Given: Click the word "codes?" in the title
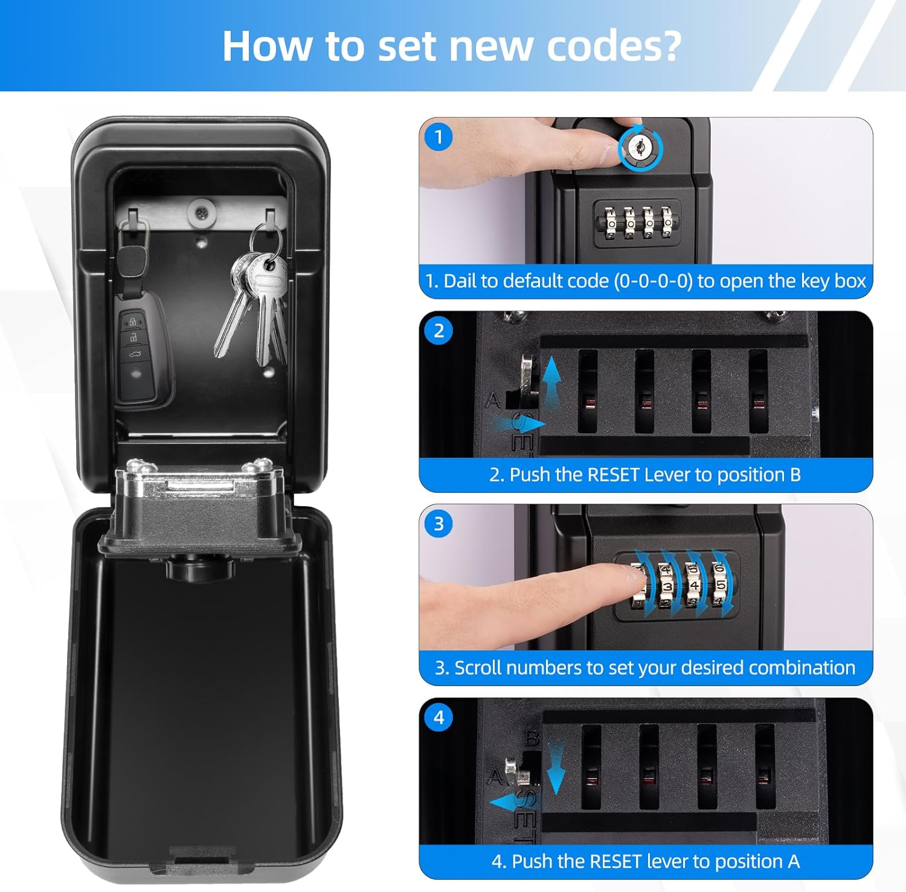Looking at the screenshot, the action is pyautogui.click(x=614, y=46).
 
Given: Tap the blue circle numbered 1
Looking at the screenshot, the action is pyautogui.click(x=439, y=137).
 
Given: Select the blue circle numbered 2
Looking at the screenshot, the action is pyautogui.click(x=439, y=330).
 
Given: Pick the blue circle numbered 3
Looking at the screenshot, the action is pyautogui.click(x=439, y=524).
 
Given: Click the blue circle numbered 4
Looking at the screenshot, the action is pyautogui.click(x=439, y=717).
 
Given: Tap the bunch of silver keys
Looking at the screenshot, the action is pyautogui.click(x=254, y=302).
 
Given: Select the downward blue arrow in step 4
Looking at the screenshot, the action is pyautogui.click(x=556, y=767).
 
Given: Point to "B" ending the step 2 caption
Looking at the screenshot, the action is pyautogui.click(x=795, y=475).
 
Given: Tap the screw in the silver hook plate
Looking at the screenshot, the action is pyautogui.click(x=201, y=213).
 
